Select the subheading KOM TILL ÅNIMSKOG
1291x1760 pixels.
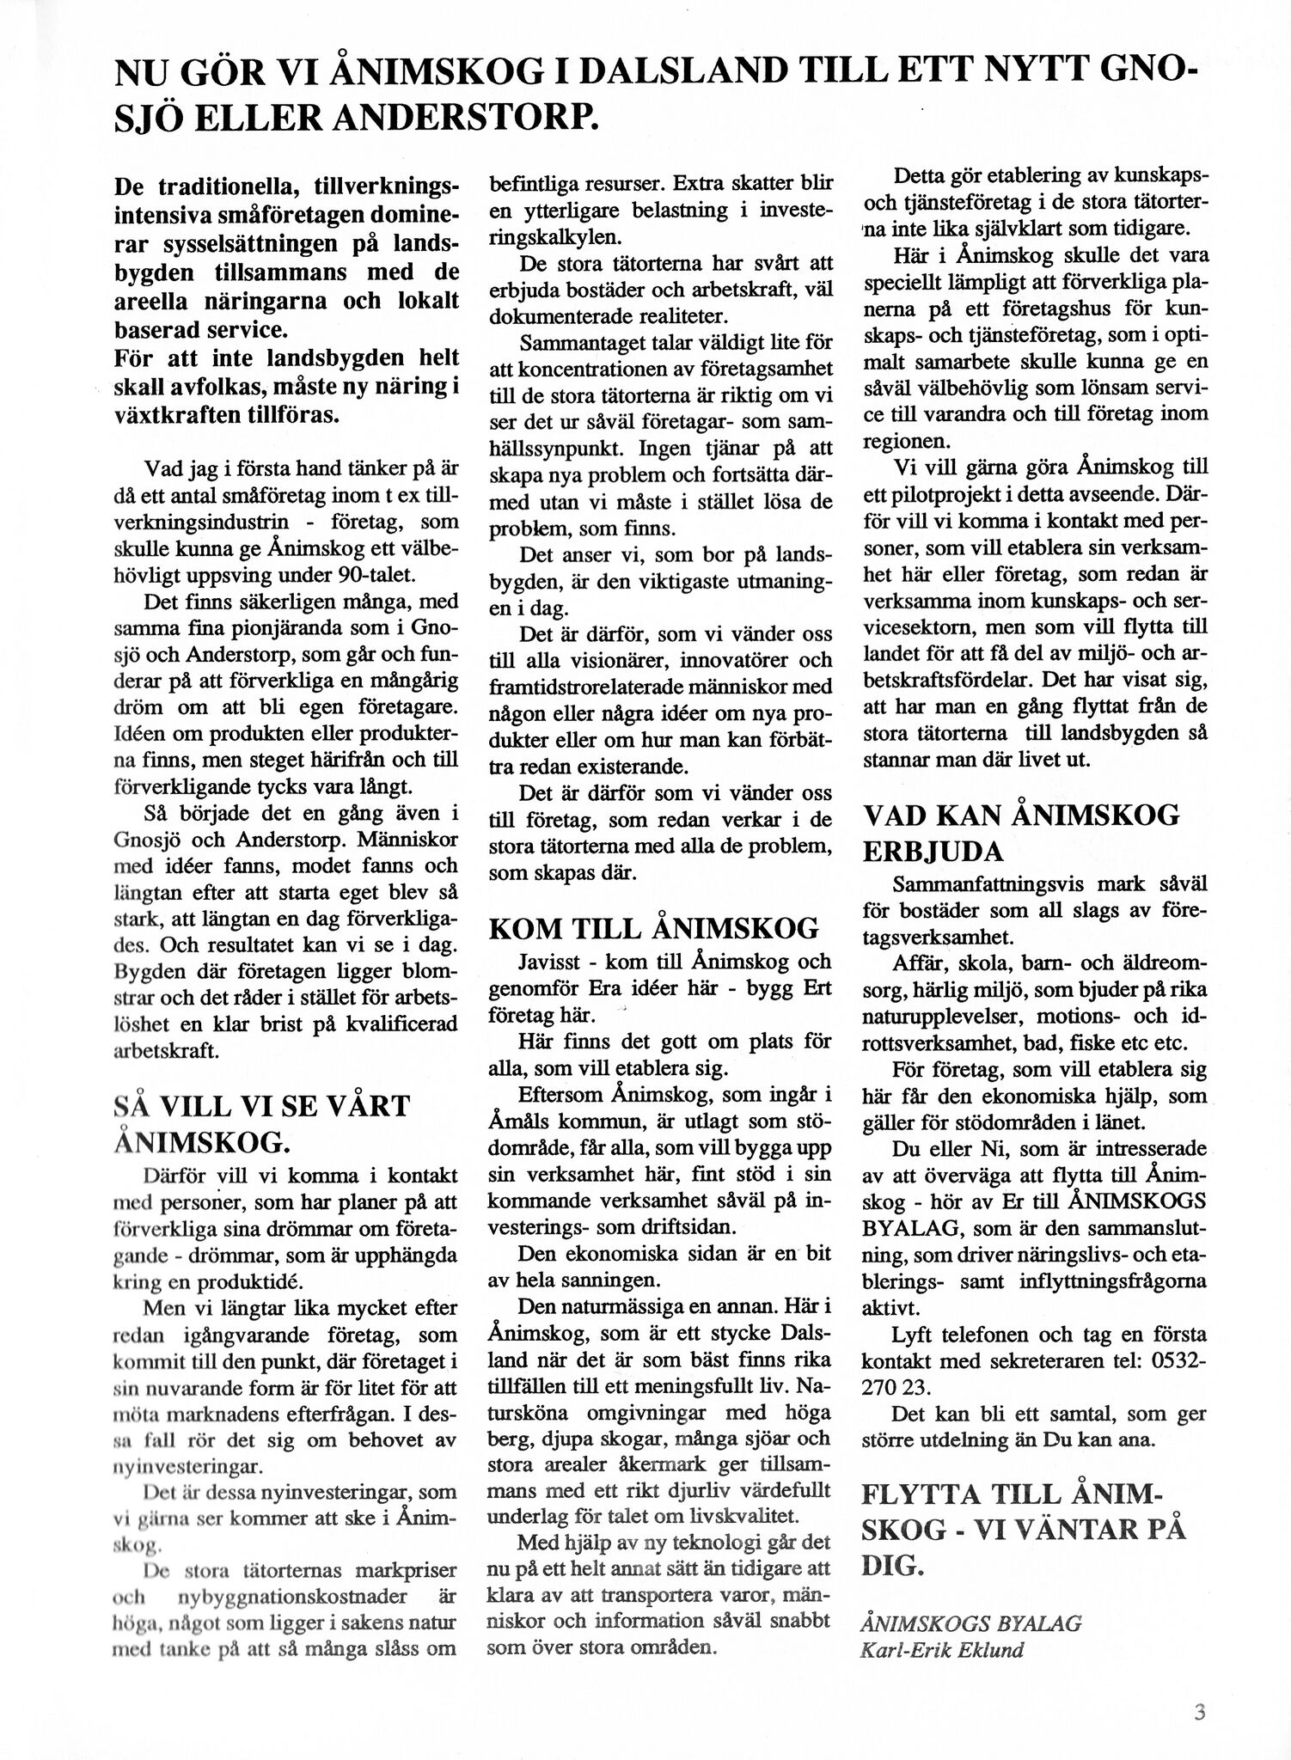(654, 928)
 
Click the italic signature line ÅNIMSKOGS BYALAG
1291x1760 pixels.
(970, 1623)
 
